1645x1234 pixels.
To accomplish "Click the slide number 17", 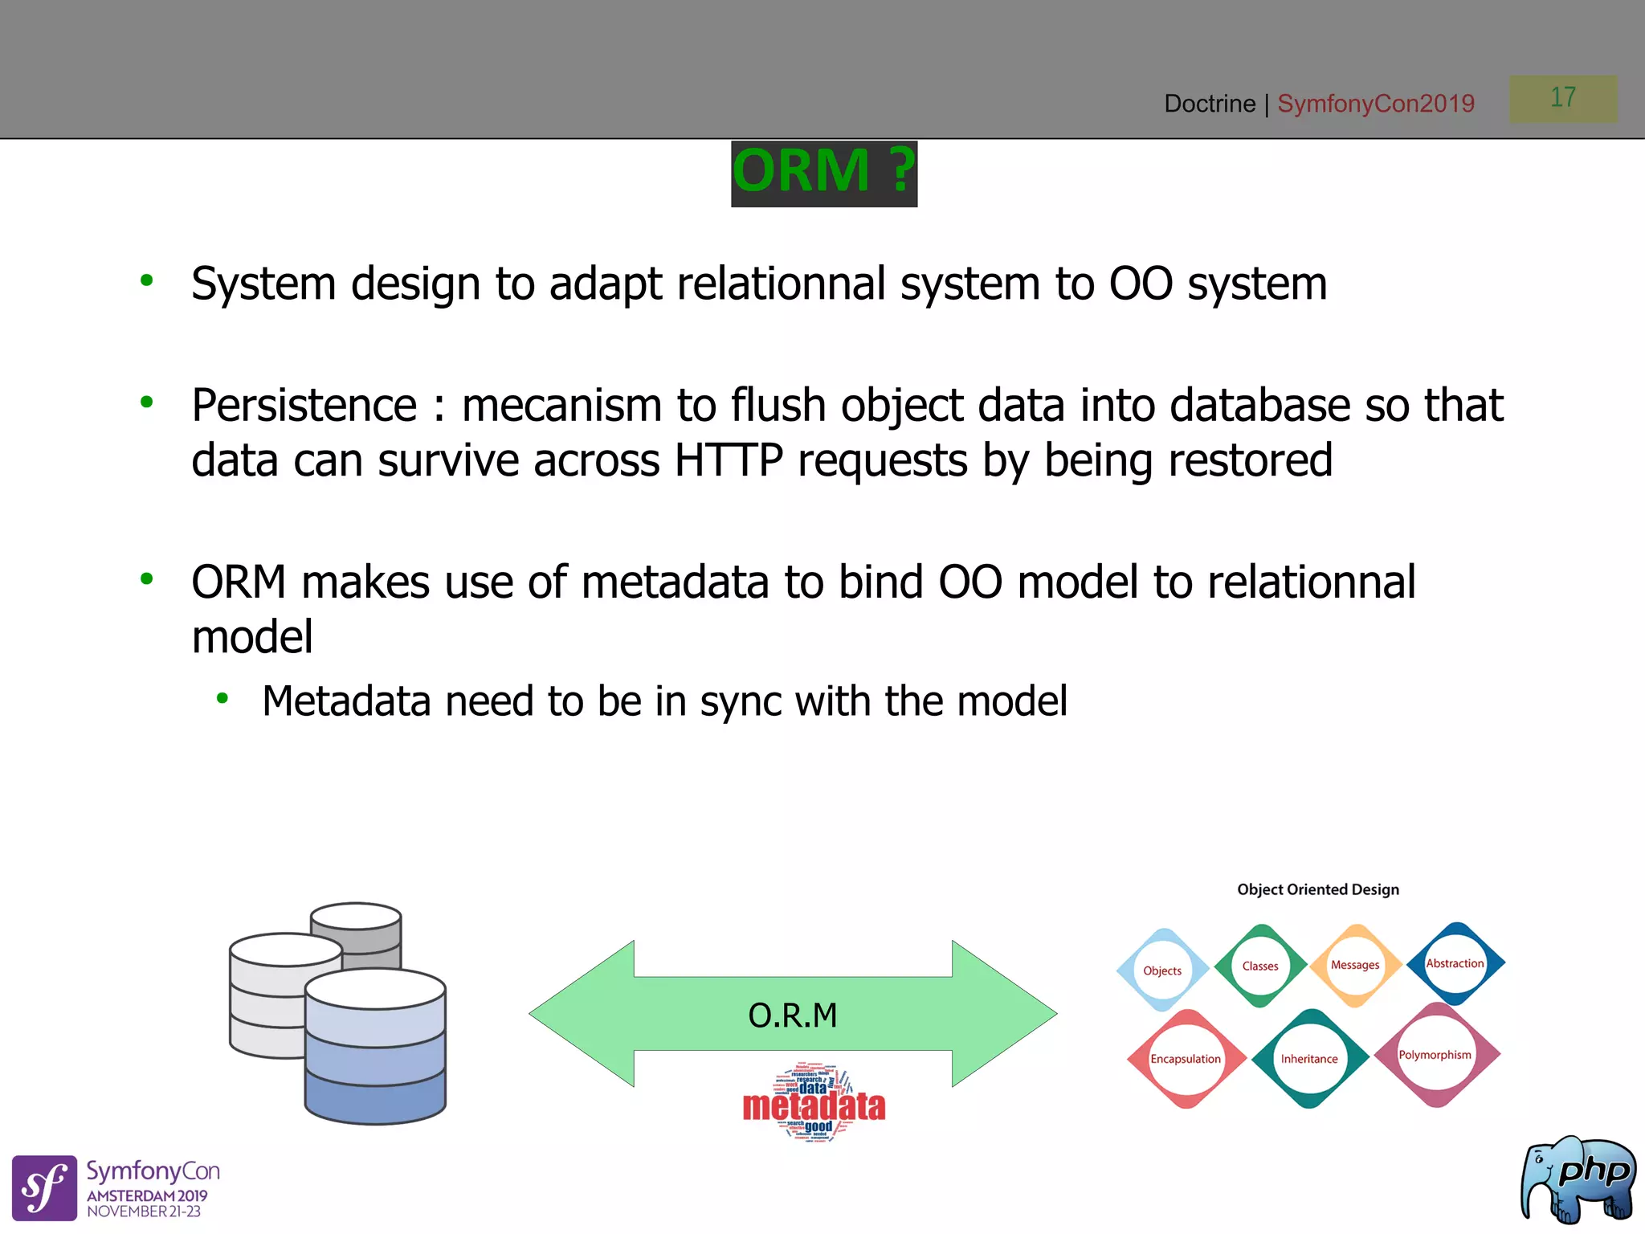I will [1562, 98].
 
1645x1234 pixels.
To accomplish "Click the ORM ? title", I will [823, 172].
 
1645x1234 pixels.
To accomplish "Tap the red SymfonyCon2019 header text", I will [1375, 104].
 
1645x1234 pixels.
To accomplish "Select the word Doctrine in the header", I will [1209, 104].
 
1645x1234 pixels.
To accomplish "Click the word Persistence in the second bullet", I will [304, 405].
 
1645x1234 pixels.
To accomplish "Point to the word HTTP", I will [728, 461].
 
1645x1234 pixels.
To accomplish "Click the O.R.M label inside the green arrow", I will [792, 1015].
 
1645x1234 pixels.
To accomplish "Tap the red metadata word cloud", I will [814, 1105].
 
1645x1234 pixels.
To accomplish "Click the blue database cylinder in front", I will [375, 1048].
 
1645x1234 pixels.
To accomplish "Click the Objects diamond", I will [1162, 970].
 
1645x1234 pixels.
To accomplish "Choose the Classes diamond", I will [1260, 966].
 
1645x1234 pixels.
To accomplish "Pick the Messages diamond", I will [1355, 966].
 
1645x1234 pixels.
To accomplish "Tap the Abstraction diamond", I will [1455, 963].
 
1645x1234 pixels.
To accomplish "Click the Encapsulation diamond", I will [1186, 1059].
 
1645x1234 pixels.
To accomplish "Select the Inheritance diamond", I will [1309, 1059].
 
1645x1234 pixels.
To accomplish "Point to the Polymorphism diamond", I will [1435, 1055].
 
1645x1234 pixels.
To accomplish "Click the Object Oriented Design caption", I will [1317, 889].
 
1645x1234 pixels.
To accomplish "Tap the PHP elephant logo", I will [1578, 1179].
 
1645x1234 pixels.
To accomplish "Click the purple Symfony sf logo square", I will [44, 1187].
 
